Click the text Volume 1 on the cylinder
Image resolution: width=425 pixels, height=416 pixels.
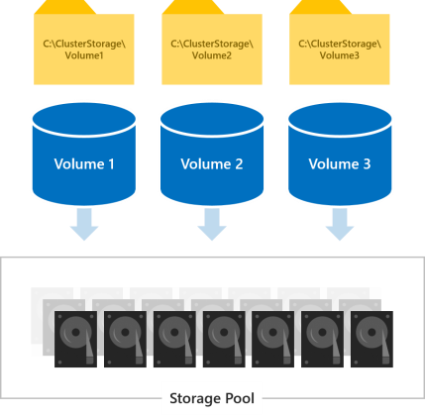point(83,162)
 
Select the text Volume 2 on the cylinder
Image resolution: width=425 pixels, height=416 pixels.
point(211,162)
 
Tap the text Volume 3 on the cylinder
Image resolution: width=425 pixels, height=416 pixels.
point(339,162)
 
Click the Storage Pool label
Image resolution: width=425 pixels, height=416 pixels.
point(212,401)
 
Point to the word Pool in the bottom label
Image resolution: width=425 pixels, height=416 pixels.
point(237,401)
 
